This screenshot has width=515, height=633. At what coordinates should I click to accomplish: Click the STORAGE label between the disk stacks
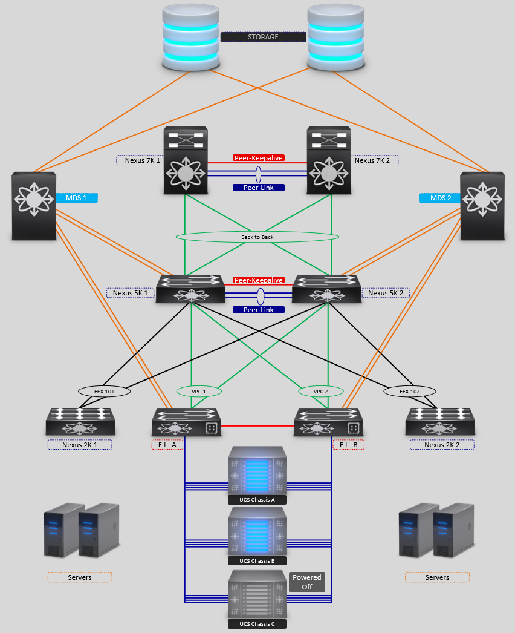click(263, 37)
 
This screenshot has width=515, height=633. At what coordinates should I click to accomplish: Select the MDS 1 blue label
click(77, 198)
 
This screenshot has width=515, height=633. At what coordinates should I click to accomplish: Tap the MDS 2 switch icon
click(482, 206)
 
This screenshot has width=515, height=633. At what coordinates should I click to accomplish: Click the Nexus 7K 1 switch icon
click(186, 160)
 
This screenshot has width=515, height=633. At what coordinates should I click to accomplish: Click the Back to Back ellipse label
click(257, 237)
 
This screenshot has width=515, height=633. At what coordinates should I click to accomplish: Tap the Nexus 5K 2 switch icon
click(326, 289)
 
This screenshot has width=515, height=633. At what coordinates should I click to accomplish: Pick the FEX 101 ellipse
click(105, 392)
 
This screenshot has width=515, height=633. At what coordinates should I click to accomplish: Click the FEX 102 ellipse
click(409, 392)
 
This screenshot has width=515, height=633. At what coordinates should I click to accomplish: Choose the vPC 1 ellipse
click(199, 392)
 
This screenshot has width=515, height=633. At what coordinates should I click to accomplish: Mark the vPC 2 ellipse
click(321, 392)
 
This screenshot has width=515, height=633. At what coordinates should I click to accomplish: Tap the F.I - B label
click(349, 445)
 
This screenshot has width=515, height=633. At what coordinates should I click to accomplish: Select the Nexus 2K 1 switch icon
click(80, 422)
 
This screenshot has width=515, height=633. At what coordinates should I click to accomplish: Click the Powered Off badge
click(307, 582)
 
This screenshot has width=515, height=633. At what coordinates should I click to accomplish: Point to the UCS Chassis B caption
click(257, 561)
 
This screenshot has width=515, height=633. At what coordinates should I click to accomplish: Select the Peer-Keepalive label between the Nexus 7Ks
click(258, 158)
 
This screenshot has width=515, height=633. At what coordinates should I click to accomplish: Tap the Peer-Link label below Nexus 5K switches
click(258, 310)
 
